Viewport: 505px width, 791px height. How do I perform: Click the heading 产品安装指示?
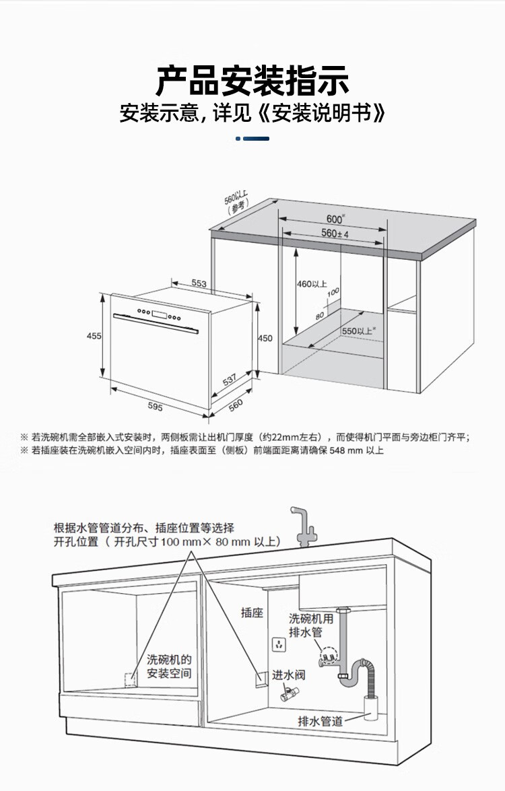click(x=252, y=81)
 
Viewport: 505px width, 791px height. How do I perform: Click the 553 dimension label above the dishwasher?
click(x=199, y=283)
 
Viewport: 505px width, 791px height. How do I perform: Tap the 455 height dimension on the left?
click(x=94, y=336)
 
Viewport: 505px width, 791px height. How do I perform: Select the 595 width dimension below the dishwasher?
click(x=155, y=407)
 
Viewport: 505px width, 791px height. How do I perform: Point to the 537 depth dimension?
click(x=230, y=381)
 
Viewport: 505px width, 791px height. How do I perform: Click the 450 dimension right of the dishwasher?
click(x=265, y=338)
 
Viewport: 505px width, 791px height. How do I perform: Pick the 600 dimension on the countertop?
click(x=335, y=219)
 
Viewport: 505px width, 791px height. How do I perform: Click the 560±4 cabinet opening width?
click(x=335, y=234)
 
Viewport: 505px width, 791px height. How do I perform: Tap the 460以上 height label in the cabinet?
click(x=312, y=284)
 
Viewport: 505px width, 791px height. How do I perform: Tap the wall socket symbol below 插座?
click(x=277, y=645)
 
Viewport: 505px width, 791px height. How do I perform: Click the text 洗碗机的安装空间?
click(x=169, y=666)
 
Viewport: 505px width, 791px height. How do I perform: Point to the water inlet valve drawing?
click(x=289, y=694)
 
